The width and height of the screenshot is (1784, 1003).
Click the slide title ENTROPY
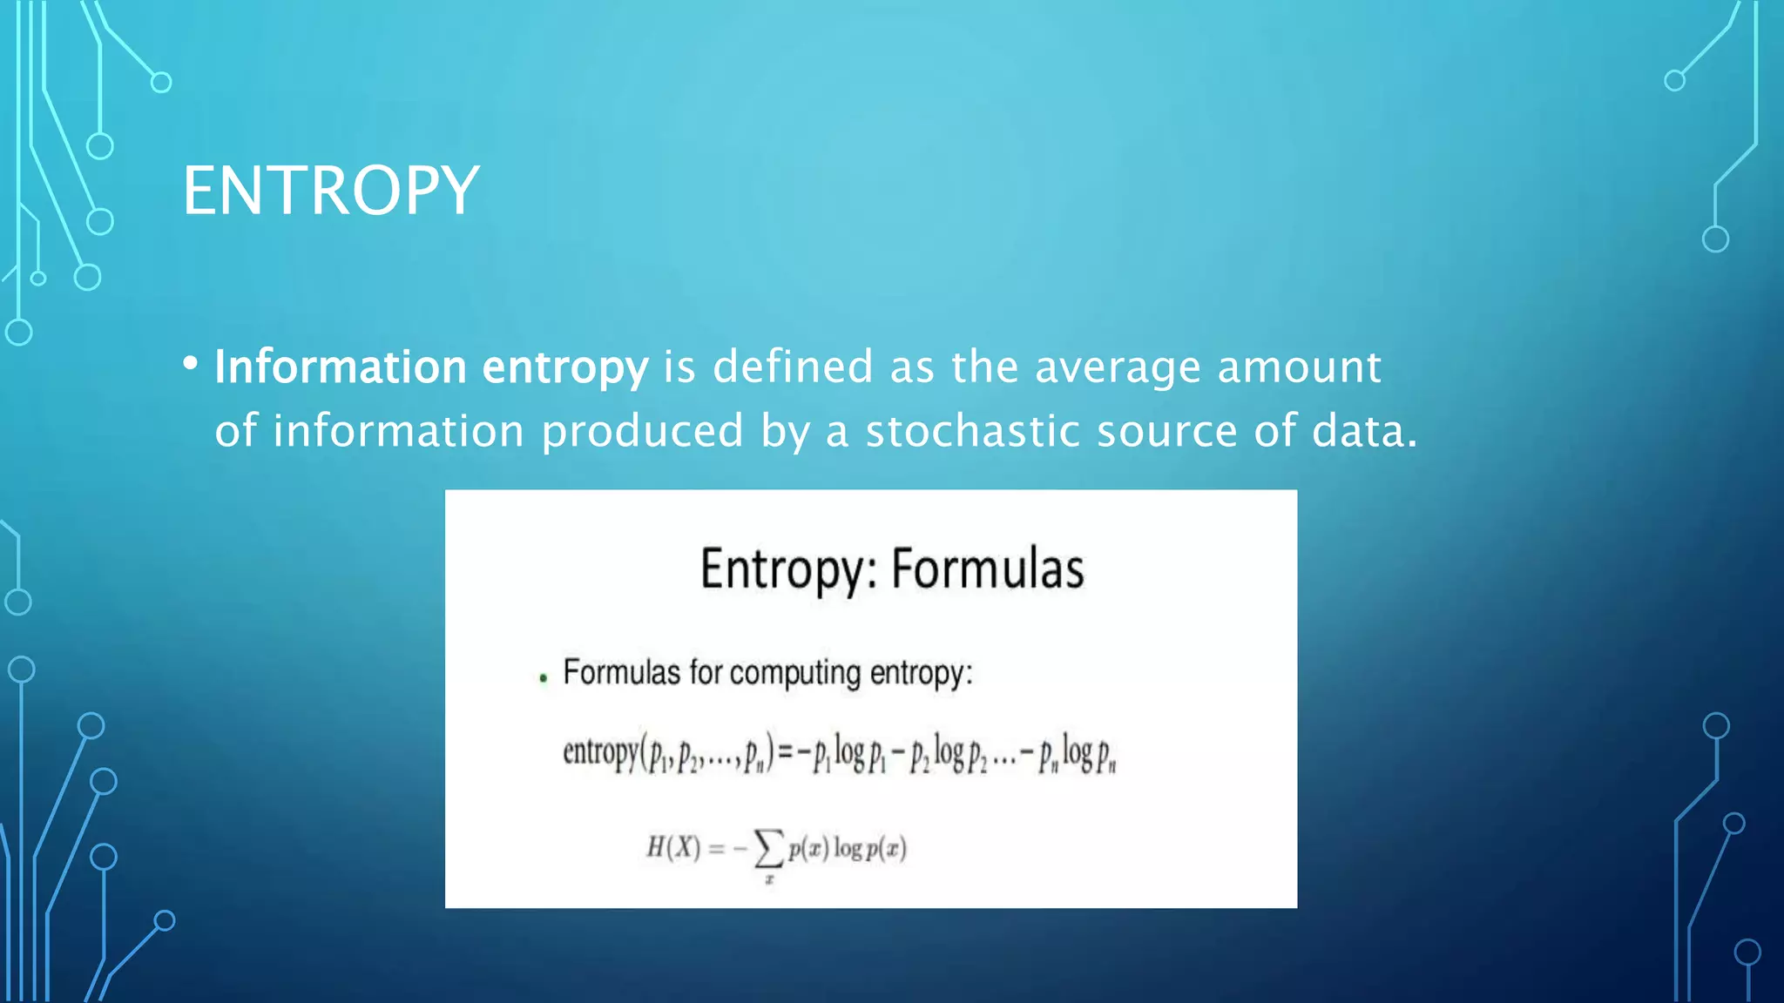(330, 191)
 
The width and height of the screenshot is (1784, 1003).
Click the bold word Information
(341, 367)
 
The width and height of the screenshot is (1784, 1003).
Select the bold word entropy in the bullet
(565, 368)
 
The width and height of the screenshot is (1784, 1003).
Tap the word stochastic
(972, 431)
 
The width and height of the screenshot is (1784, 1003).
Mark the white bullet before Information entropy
(191, 364)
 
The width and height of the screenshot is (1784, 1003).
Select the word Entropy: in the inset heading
(788, 571)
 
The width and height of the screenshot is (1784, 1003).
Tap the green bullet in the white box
(544, 678)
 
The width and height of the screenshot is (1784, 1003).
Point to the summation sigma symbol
(767, 847)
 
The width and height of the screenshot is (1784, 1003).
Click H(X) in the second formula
(672, 847)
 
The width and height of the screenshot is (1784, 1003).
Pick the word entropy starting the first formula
(600, 751)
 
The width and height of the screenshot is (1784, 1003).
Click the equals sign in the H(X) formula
(716, 848)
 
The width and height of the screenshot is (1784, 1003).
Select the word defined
(793, 367)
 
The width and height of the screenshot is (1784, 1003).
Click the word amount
(1299, 367)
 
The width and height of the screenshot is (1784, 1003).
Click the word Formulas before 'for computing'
(621, 673)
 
